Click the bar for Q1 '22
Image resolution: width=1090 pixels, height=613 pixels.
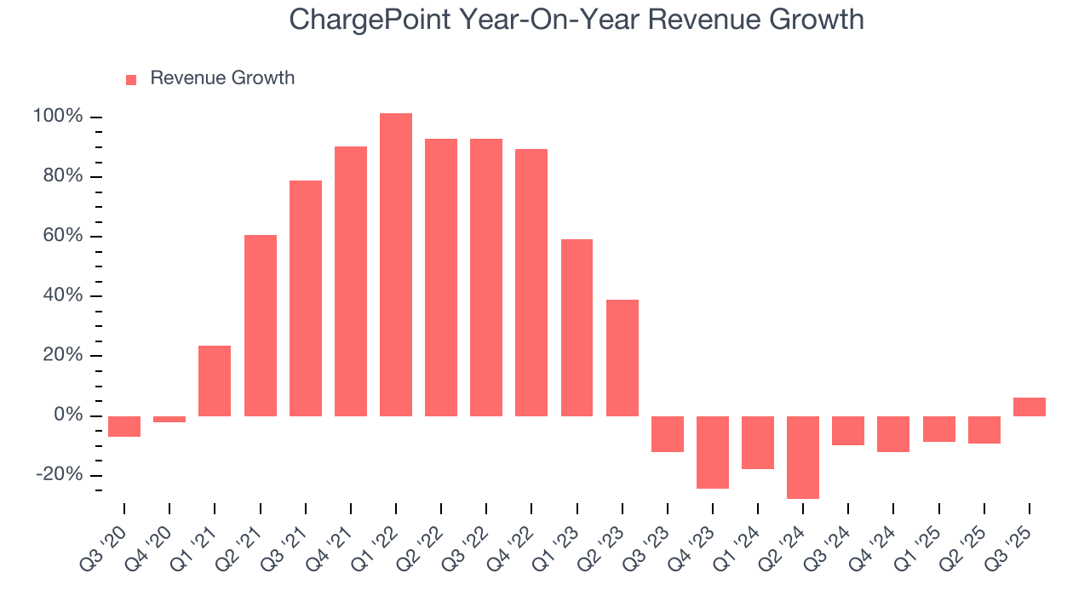(396, 264)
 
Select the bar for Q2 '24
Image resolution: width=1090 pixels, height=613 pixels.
(803, 457)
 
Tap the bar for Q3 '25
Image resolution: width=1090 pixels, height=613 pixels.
(1030, 407)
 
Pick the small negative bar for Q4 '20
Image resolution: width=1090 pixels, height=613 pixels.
(169, 419)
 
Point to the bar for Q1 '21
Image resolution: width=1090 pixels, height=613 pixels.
(215, 381)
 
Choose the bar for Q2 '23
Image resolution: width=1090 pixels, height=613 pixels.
(622, 358)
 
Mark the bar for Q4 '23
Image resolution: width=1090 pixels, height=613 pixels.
(713, 452)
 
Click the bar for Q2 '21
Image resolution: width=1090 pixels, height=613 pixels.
(261, 325)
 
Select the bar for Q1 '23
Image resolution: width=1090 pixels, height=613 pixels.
(577, 328)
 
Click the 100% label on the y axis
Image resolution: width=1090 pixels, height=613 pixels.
(58, 117)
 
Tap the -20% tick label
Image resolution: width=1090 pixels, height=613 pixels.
(58, 475)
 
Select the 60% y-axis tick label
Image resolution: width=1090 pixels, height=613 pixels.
(62, 236)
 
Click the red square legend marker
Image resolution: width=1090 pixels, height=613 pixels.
(131, 79)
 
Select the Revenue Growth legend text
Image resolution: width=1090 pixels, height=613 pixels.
(222, 78)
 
